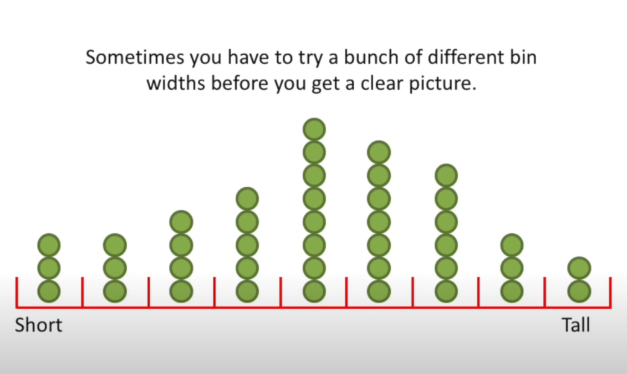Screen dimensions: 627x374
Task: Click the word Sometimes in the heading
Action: click(x=135, y=57)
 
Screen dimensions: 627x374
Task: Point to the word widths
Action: click(x=176, y=83)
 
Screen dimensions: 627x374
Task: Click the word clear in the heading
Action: click(x=383, y=83)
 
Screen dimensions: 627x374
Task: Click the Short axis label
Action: click(x=39, y=325)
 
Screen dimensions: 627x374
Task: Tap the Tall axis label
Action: click(x=576, y=325)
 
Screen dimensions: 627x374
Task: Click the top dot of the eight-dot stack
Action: click(x=314, y=130)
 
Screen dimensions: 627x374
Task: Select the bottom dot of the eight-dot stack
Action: click(x=314, y=291)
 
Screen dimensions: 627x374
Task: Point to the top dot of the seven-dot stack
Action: click(x=379, y=152)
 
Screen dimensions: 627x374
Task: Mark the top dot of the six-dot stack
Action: click(x=446, y=176)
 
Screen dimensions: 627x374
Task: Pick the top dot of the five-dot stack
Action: click(x=247, y=198)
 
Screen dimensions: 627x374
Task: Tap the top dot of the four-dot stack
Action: click(x=181, y=222)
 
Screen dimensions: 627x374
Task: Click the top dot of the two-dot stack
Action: click(x=579, y=268)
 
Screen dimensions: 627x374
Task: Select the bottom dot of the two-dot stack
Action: click(x=579, y=291)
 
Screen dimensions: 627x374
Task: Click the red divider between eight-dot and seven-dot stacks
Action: click(x=346, y=292)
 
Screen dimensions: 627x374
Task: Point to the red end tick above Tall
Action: click(x=610, y=292)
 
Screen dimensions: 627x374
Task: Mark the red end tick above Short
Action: click(x=17, y=292)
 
